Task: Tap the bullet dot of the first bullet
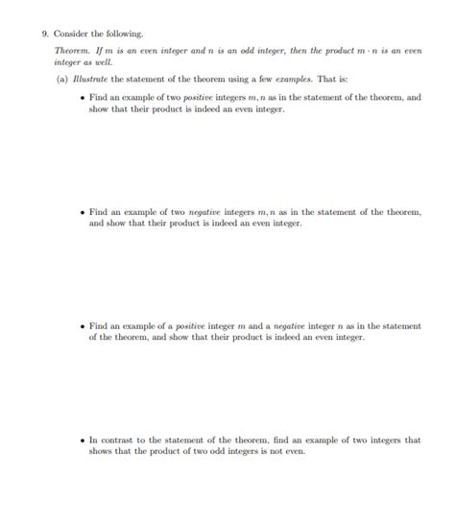(x=84, y=98)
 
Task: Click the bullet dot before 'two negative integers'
(x=84, y=211)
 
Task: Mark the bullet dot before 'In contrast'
(x=84, y=441)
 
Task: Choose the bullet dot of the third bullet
(x=84, y=326)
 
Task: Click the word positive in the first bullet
(x=194, y=98)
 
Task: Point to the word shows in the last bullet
(x=101, y=451)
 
